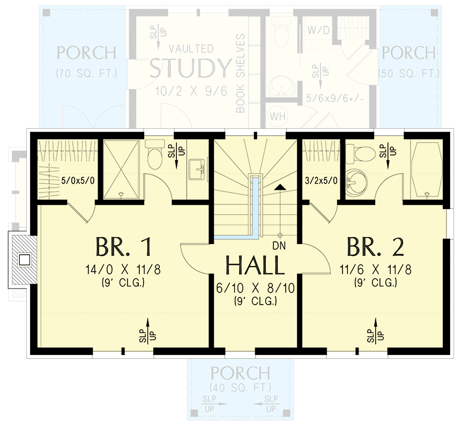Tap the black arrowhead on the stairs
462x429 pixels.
point(279,187)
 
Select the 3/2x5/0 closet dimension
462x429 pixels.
point(321,180)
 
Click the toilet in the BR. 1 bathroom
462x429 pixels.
point(155,154)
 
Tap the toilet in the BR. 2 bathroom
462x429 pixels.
point(364,152)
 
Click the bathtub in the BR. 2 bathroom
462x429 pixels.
point(427,170)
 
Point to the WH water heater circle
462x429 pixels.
point(278,116)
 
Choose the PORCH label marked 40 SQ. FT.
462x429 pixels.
point(240,373)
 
